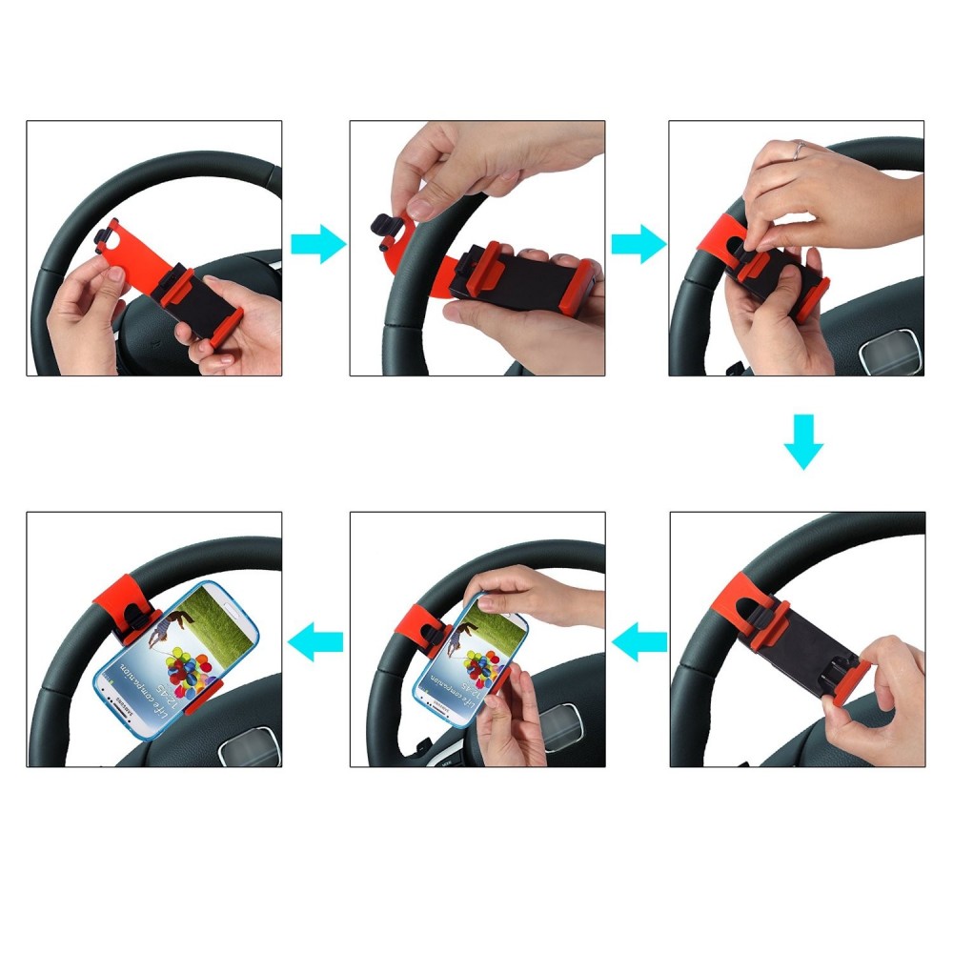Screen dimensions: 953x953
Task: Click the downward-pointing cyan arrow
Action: click(803, 441)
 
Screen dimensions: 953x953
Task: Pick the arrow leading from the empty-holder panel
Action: click(640, 645)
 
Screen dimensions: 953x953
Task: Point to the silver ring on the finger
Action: click(799, 150)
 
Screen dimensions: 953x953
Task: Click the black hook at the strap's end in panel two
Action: click(384, 230)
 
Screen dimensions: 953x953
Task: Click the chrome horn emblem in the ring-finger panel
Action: click(889, 355)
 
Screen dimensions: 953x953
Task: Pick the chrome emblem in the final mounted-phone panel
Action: click(250, 747)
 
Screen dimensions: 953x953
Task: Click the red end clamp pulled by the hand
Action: click(851, 679)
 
